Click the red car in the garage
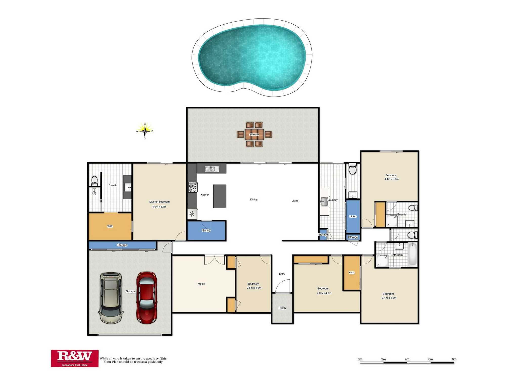tap(147, 298)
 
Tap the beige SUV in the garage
tap(111, 298)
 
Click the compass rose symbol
tap(145, 131)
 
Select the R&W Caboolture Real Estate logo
tap(75, 358)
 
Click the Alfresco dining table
tap(254, 134)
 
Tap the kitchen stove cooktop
tap(193, 187)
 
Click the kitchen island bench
tap(220, 196)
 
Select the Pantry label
tap(206, 231)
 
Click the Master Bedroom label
tap(159, 202)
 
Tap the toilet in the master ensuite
tap(94, 181)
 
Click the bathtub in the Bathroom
tap(413, 254)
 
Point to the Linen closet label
tap(353, 216)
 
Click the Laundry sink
tap(324, 202)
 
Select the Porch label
tap(282, 308)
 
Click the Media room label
tap(201, 284)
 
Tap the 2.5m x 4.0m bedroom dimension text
tap(254, 288)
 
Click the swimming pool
tap(252, 58)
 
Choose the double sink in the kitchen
tap(212, 169)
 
